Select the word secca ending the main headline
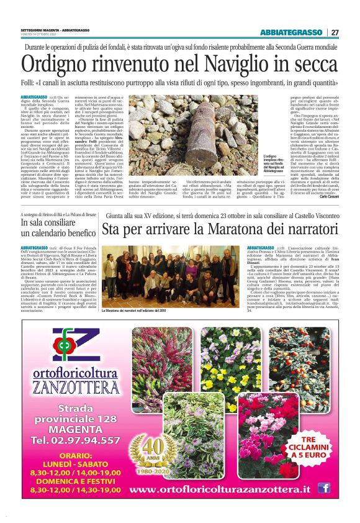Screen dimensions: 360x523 [310, 64]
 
